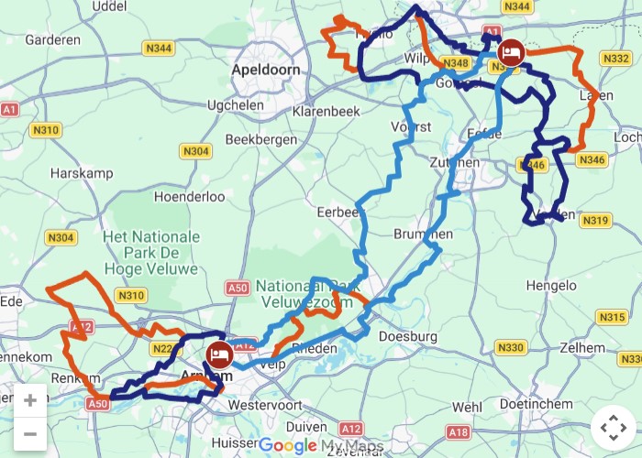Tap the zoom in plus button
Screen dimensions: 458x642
point(30,400)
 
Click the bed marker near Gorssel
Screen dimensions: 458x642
point(511,51)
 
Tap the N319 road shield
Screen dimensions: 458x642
point(595,220)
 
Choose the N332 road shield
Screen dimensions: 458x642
point(614,59)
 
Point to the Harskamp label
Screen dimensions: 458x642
point(81,172)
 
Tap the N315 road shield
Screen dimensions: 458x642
point(612,317)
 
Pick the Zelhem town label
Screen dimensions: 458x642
point(585,348)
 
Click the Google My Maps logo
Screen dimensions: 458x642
point(320,446)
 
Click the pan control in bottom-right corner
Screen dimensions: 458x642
point(613,428)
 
